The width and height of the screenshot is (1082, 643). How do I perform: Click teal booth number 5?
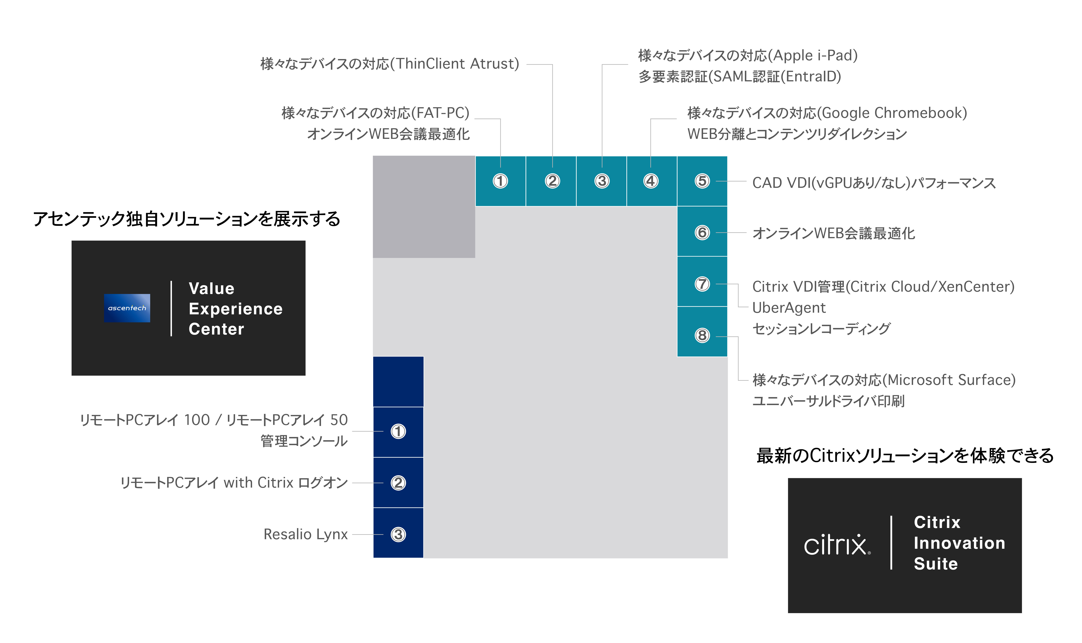(702, 181)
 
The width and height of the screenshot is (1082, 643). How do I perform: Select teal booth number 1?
(500, 181)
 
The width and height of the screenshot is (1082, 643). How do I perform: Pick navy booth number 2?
(398, 483)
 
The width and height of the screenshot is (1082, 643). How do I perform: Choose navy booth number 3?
(398, 534)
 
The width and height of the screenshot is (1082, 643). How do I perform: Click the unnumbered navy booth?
(398, 381)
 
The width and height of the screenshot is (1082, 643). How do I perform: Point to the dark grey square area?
(424, 207)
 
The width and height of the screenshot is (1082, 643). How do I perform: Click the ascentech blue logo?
(127, 308)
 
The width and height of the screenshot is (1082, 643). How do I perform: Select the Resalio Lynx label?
(306, 534)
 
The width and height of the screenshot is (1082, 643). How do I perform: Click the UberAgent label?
(789, 308)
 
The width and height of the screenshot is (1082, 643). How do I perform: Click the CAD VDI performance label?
(873, 183)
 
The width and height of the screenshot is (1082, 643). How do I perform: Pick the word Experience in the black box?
(235, 309)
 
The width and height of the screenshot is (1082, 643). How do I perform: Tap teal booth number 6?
(702, 233)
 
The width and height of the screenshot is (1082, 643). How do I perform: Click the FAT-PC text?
(440, 113)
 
